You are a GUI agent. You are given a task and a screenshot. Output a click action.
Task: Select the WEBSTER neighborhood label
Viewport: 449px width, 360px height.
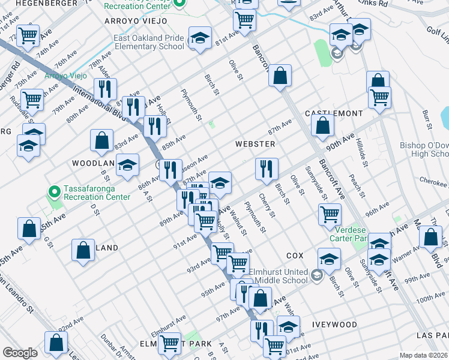(x=255, y=144)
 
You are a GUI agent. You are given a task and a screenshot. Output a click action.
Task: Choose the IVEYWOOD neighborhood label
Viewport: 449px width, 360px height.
(x=334, y=325)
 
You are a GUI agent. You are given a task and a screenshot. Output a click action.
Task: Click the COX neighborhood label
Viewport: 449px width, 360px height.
(x=295, y=255)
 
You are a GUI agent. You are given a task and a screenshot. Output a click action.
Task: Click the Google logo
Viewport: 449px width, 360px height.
(x=20, y=353)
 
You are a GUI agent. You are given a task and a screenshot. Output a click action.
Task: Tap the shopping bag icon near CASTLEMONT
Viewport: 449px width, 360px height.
(x=323, y=127)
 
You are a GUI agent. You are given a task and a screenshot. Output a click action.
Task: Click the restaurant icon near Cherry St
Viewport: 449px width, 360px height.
(x=267, y=169)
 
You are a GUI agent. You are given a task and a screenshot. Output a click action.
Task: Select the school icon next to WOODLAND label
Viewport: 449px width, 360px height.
(x=127, y=166)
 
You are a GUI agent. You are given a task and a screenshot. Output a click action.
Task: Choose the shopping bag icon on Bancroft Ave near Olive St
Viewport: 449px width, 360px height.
(x=280, y=77)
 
